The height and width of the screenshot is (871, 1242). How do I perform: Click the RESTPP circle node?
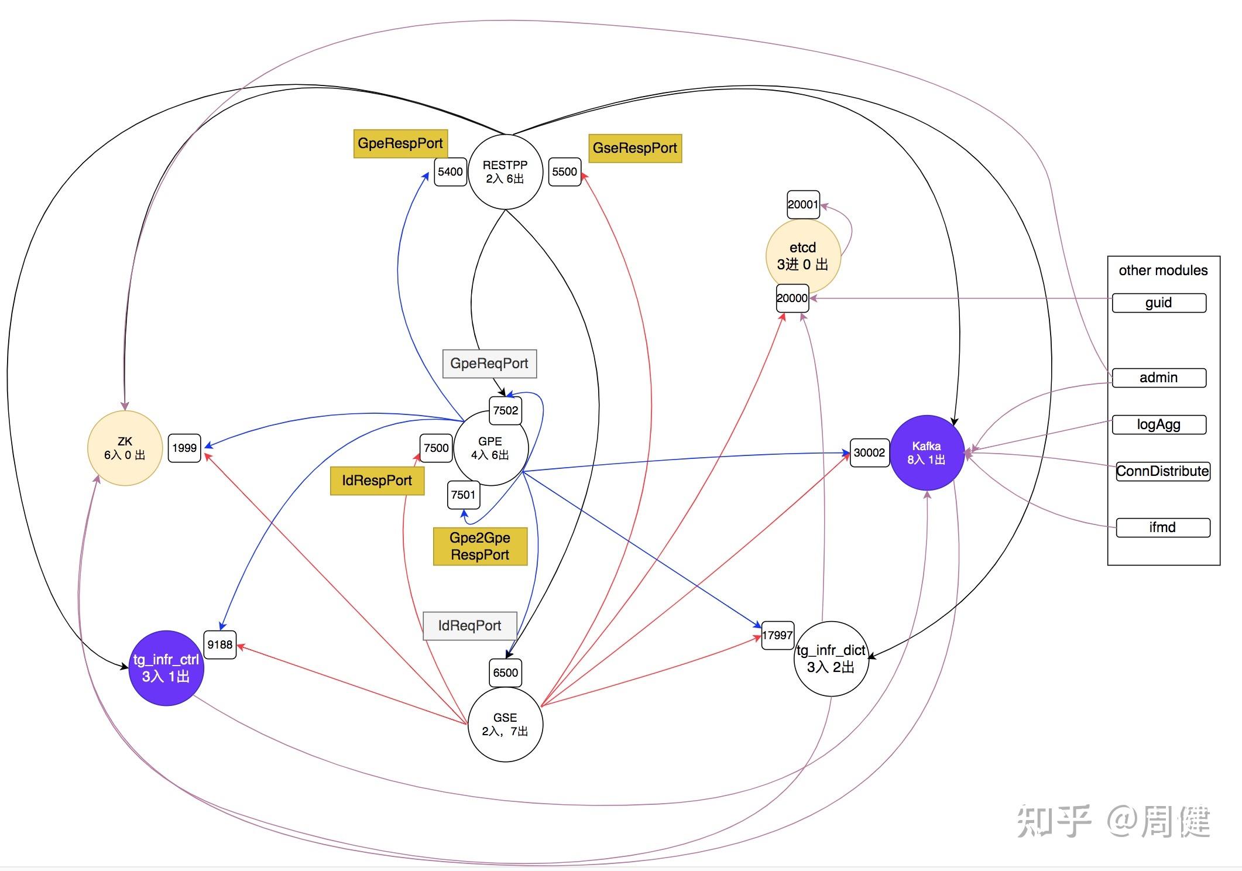pos(505,172)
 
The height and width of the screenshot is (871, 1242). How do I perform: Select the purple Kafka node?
pos(927,452)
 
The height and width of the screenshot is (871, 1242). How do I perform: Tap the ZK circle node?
pos(125,448)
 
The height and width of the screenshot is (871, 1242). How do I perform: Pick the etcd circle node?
pos(802,256)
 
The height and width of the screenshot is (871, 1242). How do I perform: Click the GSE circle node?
pos(505,724)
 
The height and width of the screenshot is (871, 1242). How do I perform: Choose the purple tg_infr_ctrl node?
pos(166,668)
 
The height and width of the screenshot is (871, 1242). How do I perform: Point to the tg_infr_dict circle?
pos(831,659)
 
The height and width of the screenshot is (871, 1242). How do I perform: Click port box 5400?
pos(450,172)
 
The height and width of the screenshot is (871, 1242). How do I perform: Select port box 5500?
pos(564,172)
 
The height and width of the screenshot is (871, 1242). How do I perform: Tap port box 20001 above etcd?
pos(802,204)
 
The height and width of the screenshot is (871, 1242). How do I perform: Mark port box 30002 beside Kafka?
pos(869,452)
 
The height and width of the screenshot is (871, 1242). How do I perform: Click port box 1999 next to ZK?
pos(184,448)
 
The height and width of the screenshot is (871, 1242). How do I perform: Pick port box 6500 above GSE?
pos(505,672)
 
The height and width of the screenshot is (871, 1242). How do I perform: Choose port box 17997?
pos(777,635)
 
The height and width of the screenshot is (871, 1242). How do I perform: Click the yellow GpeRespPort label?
pos(400,143)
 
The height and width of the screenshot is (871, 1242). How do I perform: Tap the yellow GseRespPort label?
pos(634,148)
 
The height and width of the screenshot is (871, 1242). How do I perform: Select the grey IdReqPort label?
pos(469,626)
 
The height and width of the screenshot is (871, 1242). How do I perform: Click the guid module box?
pos(1158,303)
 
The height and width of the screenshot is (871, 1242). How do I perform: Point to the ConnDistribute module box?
pos(1162,471)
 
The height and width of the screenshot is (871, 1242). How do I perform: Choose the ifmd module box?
pos(1162,527)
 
